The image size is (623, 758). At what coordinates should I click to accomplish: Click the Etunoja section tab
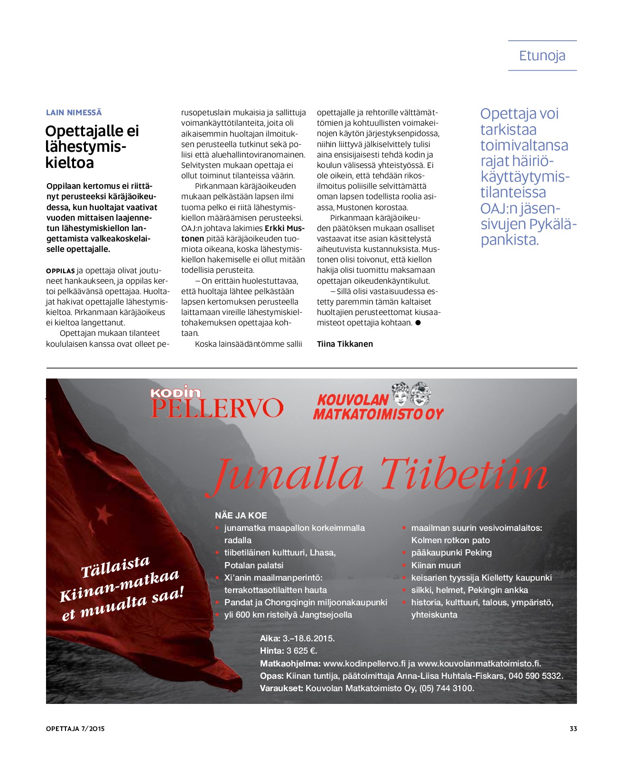click(542, 56)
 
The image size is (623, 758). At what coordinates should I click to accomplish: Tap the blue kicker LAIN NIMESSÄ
click(74, 113)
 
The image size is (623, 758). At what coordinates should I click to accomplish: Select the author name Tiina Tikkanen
click(344, 344)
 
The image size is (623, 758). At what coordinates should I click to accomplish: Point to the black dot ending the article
click(418, 323)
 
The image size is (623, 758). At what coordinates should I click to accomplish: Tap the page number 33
click(573, 729)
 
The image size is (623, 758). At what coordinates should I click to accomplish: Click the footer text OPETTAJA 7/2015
click(75, 729)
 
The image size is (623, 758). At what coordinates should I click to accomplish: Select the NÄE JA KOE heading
click(241, 516)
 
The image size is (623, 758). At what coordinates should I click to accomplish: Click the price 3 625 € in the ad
click(302, 651)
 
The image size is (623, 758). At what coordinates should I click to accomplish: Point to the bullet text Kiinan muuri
click(436, 565)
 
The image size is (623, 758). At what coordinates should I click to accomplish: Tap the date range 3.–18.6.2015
click(308, 638)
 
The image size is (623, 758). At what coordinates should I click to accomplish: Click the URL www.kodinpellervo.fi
click(364, 664)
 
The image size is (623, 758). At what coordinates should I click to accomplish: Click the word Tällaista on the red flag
click(115, 567)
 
